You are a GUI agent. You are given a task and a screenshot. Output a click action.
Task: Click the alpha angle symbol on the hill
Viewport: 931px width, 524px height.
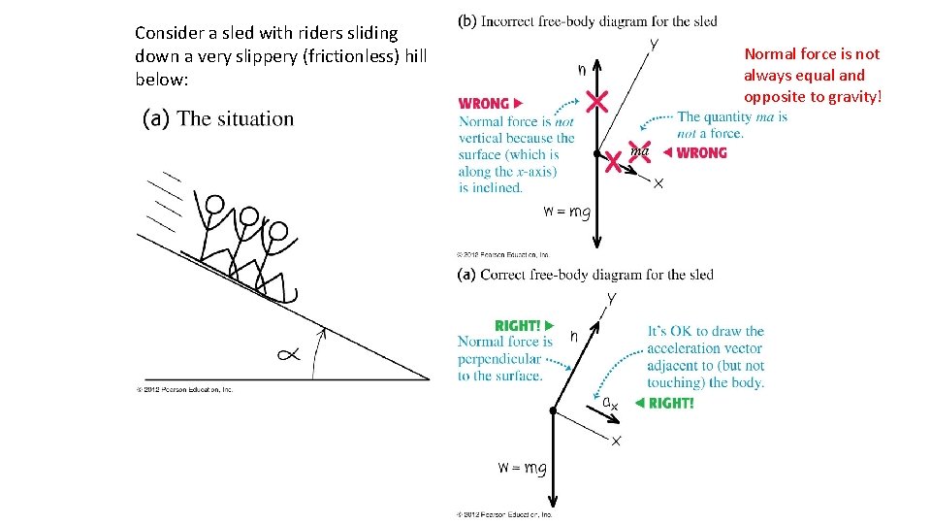(x=288, y=354)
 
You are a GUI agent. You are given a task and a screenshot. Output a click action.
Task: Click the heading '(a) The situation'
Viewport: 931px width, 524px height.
(x=218, y=119)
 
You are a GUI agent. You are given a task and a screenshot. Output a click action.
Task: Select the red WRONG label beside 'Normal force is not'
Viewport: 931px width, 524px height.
(x=490, y=103)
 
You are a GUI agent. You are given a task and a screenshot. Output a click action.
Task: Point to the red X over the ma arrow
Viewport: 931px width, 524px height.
(x=613, y=162)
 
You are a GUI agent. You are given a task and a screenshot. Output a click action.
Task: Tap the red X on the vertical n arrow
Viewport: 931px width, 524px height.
(x=596, y=101)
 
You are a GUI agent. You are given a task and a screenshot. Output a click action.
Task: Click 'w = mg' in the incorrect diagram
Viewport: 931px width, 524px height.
(x=565, y=213)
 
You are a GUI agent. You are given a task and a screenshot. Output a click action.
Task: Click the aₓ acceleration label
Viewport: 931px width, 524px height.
(x=610, y=402)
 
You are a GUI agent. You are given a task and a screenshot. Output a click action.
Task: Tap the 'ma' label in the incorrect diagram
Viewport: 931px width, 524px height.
(x=640, y=150)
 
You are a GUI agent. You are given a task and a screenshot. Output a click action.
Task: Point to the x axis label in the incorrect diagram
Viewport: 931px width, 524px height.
(x=658, y=183)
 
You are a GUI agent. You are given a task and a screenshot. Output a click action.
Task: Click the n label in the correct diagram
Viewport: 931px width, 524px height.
(x=574, y=336)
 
